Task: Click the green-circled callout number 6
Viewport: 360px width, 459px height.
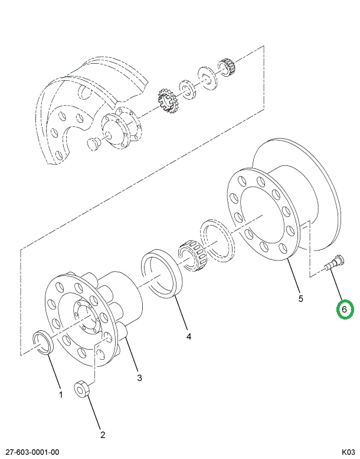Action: click(x=345, y=309)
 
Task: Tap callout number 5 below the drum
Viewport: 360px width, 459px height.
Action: click(x=300, y=299)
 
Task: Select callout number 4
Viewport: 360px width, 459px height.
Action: click(x=189, y=337)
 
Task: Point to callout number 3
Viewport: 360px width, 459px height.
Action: click(x=139, y=377)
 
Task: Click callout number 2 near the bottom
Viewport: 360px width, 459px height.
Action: click(x=102, y=435)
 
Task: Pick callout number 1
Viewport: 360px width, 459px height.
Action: click(x=60, y=394)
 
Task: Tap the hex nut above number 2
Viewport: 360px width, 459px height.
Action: click(x=81, y=390)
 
